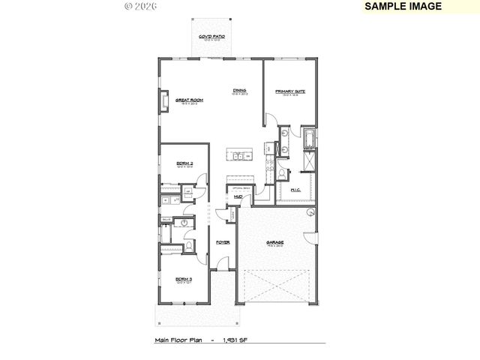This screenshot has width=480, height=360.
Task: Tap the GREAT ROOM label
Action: pos(190,100)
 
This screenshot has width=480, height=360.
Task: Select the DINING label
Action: pos(239,91)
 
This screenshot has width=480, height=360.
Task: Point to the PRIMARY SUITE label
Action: pos(290,91)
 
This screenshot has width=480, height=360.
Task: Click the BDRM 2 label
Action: pos(184,163)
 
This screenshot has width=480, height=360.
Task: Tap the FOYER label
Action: pos(223,243)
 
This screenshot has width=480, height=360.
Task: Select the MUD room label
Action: pos(238,196)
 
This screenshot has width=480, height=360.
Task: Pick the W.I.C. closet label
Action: pos(295,190)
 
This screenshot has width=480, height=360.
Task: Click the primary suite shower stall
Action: pos(309,160)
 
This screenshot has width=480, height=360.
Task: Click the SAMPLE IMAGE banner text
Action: pos(402,6)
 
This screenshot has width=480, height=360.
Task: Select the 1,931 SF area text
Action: pos(237,340)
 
